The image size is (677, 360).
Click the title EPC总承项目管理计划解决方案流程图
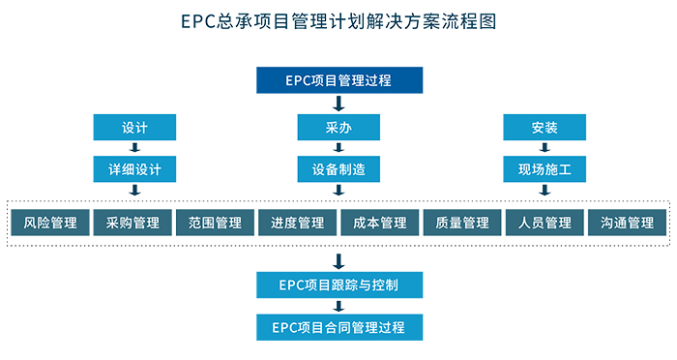coord(338,21)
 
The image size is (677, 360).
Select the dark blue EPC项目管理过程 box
coord(338,80)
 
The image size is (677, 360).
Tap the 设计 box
coord(135,128)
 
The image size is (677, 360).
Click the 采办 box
coord(338,128)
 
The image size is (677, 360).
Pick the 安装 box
coord(545,128)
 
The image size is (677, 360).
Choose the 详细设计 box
coord(135,169)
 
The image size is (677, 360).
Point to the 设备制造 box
coord(338,169)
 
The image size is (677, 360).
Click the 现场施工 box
coord(545,169)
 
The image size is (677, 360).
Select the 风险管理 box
coord(50,224)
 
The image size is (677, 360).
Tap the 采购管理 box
coord(132,224)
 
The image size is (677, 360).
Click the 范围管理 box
coord(215,224)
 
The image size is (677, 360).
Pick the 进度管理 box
coord(297,224)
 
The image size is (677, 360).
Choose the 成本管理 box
coord(380,224)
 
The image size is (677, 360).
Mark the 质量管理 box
coord(462,224)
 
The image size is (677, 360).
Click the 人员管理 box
coord(545,224)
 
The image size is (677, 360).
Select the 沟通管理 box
coord(627,224)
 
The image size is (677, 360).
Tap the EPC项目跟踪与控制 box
coord(338,285)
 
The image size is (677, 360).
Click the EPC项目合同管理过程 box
coord(338,326)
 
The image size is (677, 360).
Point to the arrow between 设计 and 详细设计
coord(135,148)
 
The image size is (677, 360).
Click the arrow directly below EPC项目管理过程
coord(338,103)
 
